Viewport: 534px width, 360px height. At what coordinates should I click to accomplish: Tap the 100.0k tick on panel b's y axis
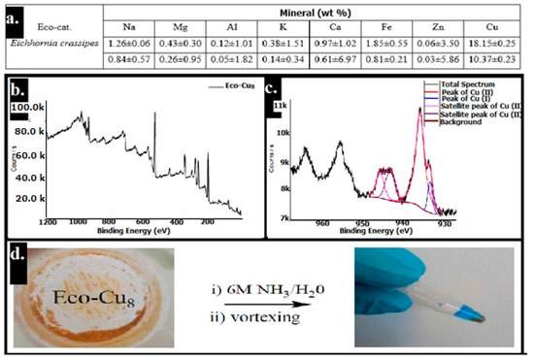pos(49,105)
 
